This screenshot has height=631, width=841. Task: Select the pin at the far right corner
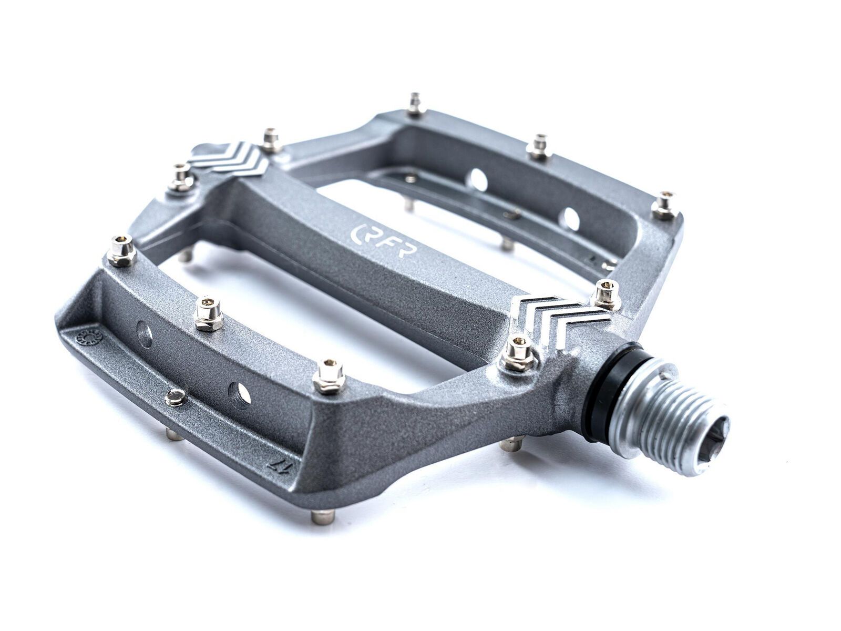[664, 205]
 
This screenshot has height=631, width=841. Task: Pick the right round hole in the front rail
[239, 396]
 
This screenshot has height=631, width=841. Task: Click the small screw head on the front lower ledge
[176, 398]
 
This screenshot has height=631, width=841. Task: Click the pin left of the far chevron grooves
[182, 177]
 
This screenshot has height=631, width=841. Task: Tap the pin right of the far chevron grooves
[271, 140]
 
